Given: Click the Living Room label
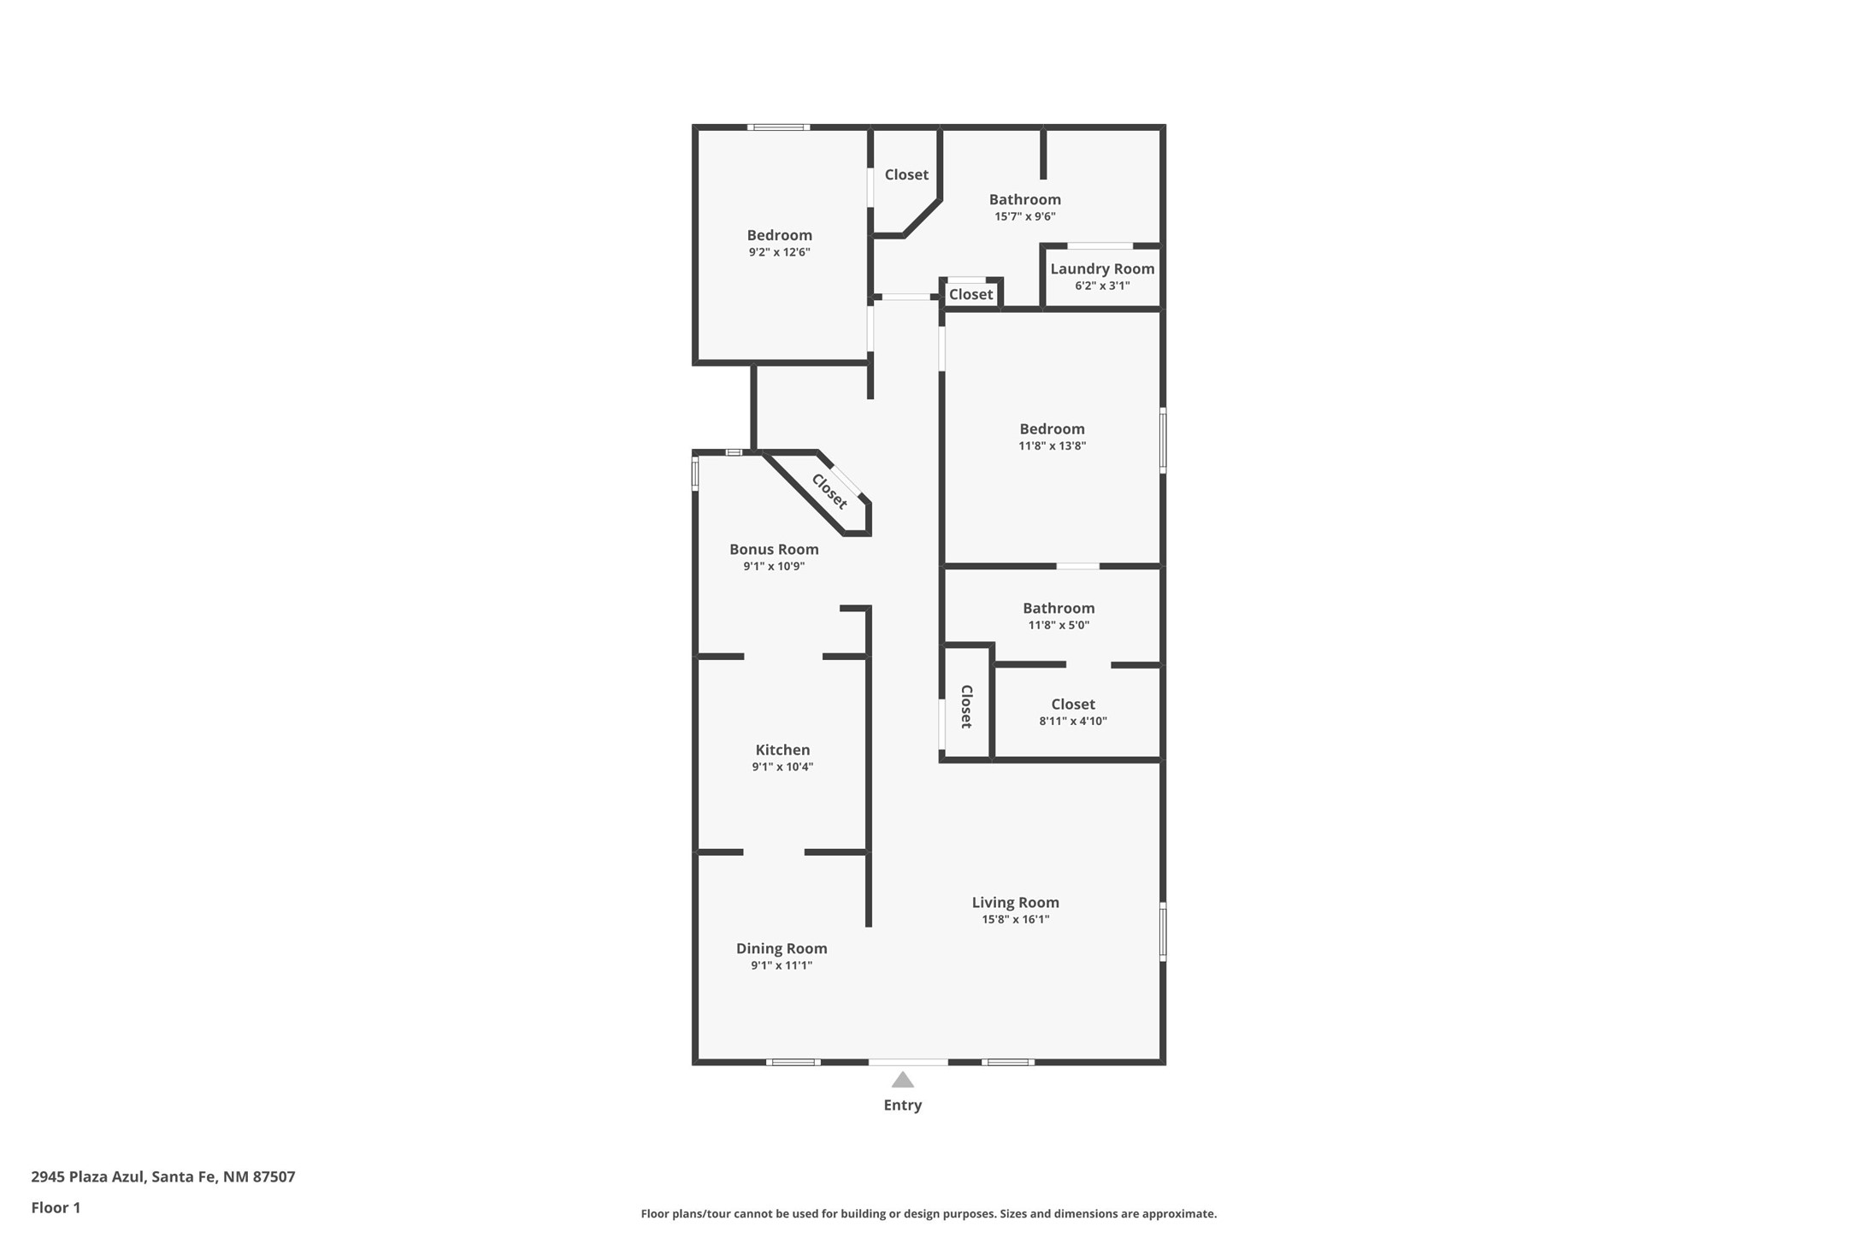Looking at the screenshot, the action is (1015, 903).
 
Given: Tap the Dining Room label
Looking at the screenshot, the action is (782, 948).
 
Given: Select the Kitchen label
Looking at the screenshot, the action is (782, 750).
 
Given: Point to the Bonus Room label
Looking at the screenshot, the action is (774, 550).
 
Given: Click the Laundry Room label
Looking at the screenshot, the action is (1102, 269).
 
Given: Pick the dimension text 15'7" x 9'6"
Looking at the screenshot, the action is (1024, 216).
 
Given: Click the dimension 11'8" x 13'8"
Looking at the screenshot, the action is (1052, 445).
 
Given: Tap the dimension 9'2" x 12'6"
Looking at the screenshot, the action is (779, 252).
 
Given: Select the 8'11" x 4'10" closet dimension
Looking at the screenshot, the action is (1073, 721).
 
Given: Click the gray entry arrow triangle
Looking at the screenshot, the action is (903, 1080).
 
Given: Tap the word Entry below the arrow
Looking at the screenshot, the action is (903, 1105).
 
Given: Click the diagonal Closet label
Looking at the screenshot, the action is (829, 492).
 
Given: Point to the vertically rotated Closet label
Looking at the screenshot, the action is (967, 706).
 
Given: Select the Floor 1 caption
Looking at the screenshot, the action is (56, 1208).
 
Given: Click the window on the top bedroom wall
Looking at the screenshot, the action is (778, 127).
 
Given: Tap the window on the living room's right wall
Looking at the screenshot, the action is (1163, 931).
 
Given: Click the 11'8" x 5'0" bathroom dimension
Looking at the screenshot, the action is (1059, 625).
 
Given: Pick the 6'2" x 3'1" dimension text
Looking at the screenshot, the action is (1102, 286).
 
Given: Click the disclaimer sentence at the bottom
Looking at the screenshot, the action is (929, 1214).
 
